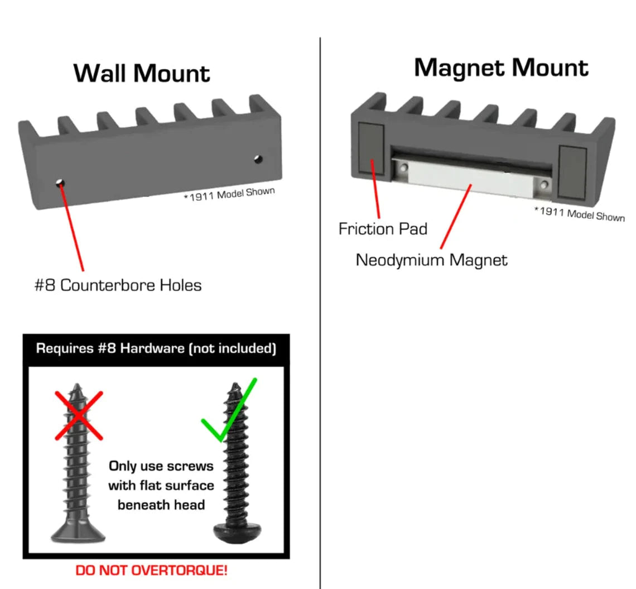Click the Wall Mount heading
pyautogui.click(x=142, y=73)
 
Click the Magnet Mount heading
pyautogui.click(x=500, y=68)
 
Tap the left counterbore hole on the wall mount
pyautogui.click(x=60, y=182)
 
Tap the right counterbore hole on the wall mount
pyautogui.click(x=257, y=159)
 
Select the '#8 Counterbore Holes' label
pyautogui.click(x=118, y=285)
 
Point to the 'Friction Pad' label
pyautogui.click(x=383, y=229)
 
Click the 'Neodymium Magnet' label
pyautogui.click(x=432, y=260)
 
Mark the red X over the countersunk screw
pyautogui.click(x=79, y=415)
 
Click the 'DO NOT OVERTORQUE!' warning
pyautogui.click(x=151, y=571)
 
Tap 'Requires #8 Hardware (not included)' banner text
pyautogui.click(x=156, y=349)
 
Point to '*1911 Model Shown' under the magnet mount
pyautogui.click(x=579, y=214)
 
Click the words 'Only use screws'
pyautogui.click(x=161, y=466)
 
